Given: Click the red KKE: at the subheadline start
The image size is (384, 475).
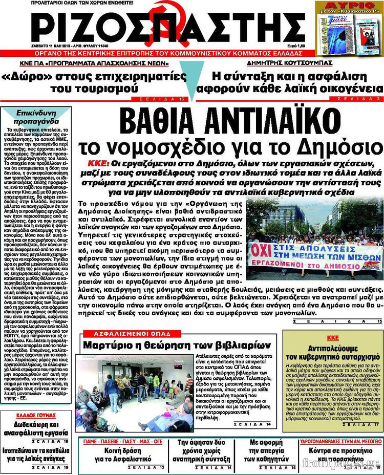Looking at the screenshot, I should click(98, 163).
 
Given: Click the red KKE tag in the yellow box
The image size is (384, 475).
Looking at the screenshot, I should click(333, 338).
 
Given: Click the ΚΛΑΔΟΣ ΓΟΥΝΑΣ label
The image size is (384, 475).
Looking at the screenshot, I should click(36, 414).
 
